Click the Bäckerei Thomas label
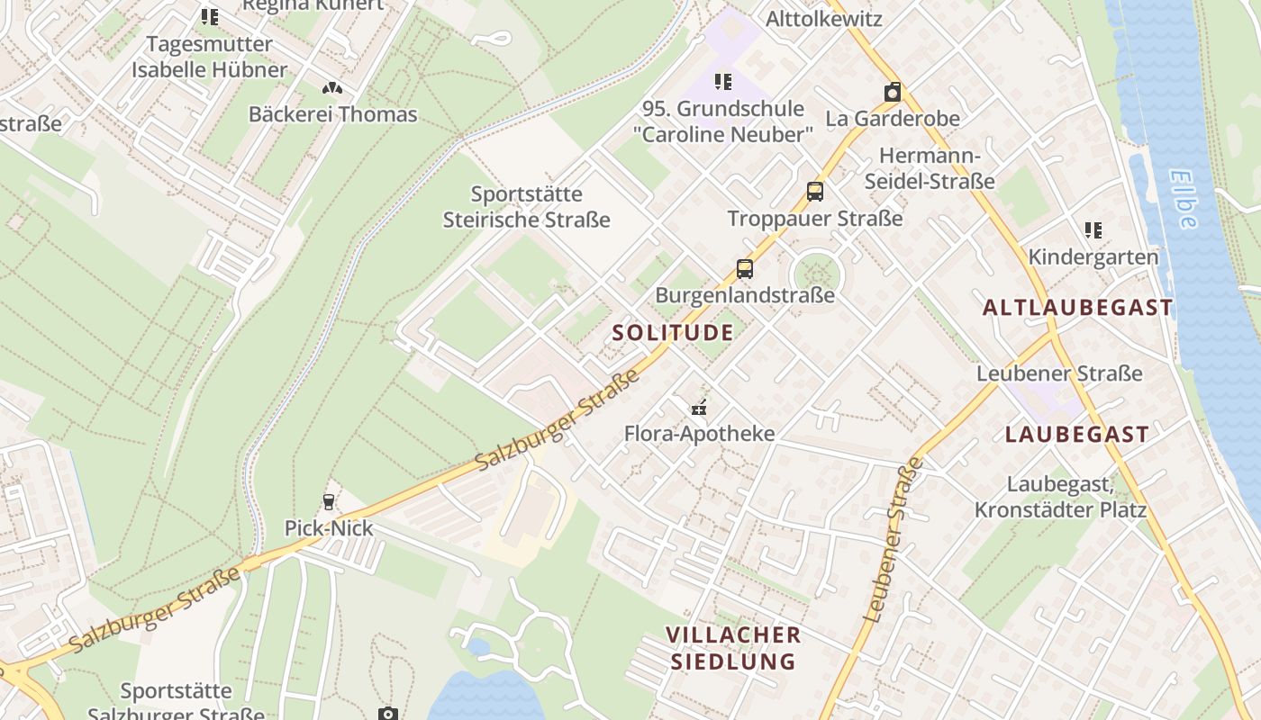(x=332, y=114)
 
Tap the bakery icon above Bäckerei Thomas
(x=332, y=88)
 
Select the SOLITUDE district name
(x=673, y=332)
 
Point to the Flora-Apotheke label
(x=699, y=434)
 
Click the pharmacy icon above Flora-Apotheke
(x=699, y=408)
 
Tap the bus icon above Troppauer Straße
(x=815, y=192)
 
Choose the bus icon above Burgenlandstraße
(x=745, y=268)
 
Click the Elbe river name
(x=1185, y=199)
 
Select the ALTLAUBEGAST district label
(x=1078, y=308)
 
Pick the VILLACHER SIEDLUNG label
(x=732, y=648)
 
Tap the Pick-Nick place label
(x=329, y=528)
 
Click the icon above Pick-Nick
(x=329, y=502)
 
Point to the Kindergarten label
(x=1093, y=256)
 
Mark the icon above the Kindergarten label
(x=1093, y=230)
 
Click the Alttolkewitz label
(x=823, y=19)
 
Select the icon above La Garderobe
(x=893, y=92)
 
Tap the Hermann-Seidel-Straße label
(x=930, y=168)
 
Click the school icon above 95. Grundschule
(x=723, y=82)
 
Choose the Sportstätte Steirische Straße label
(x=527, y=207)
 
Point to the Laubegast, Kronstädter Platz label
(x=1060, y=497)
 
